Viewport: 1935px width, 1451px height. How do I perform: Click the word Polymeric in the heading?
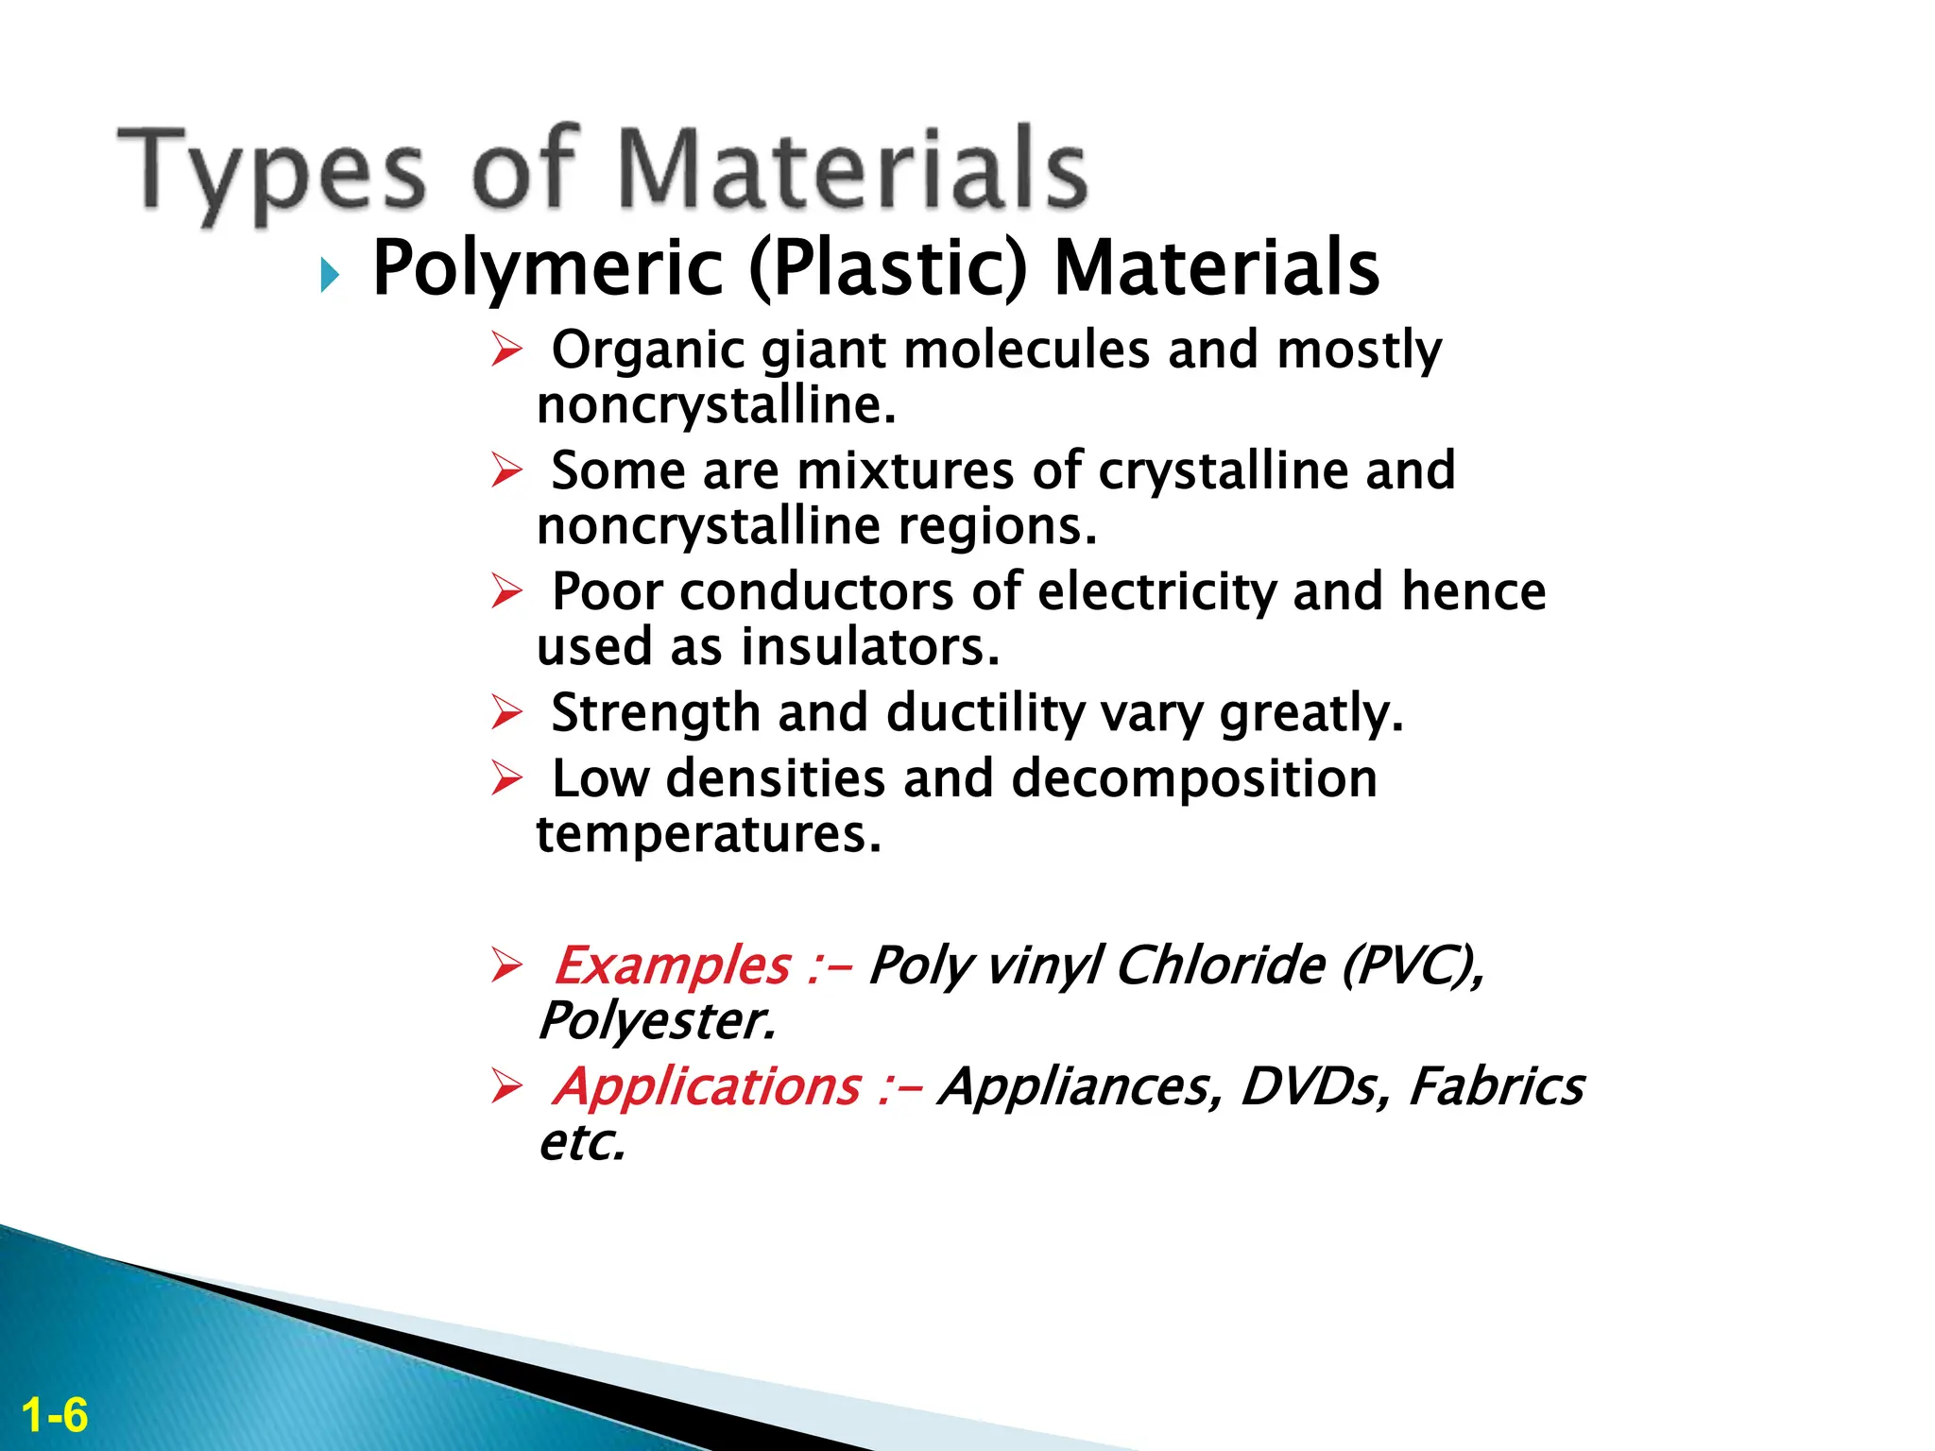[548, 268]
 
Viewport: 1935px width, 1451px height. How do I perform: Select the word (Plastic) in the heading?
[887, 268]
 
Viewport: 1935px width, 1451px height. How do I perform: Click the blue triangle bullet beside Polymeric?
[329, 276]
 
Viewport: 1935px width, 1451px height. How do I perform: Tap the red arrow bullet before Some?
[506, 470]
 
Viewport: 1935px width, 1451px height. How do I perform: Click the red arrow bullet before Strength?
[506, 713]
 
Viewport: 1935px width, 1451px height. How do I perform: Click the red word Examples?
[672, 965]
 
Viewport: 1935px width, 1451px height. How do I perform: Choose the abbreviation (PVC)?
[1412, 965]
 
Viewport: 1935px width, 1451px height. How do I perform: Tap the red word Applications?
[707, 1086]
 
